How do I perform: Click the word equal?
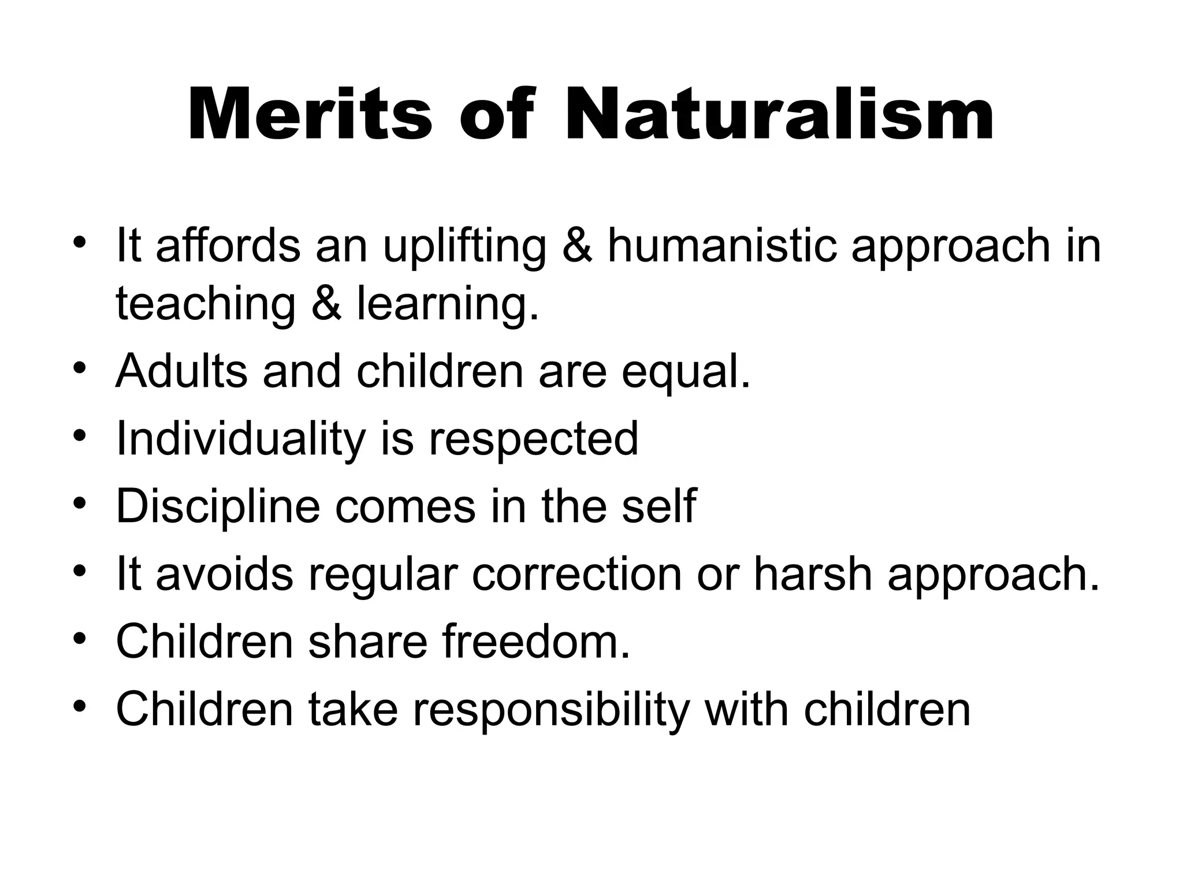pos(686,372)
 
